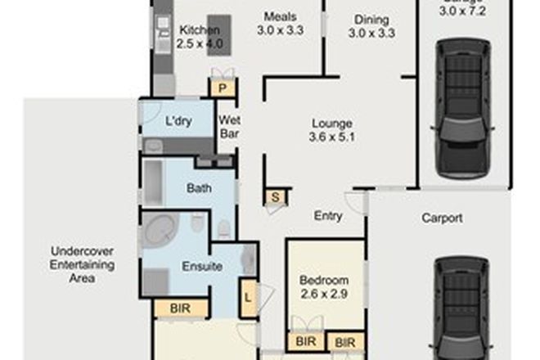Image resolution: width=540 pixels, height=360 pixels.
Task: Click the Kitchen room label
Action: pyautogui.click(x=200, y=31)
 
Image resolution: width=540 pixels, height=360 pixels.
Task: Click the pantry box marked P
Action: pyautogui.click(x=222, y=88)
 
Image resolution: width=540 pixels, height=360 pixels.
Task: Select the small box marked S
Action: pyautogui.click(x=275, y=196)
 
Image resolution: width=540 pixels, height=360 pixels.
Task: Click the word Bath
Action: pyautogui.click(x=199, y=188)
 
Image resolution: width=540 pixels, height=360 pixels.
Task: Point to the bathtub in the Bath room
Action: pyautogui.click(x=154, y=182)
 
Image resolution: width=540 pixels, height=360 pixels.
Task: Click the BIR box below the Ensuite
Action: pyautogui.click(x=181, y=308)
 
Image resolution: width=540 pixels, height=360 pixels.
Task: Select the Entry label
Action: pyautogui.click(x=328, y=216)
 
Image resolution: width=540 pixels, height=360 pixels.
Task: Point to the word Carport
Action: pyautogui.click(x=443, y=218)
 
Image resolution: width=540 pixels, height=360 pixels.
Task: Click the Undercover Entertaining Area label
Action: pyautogui.click(x=83, y=265)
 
